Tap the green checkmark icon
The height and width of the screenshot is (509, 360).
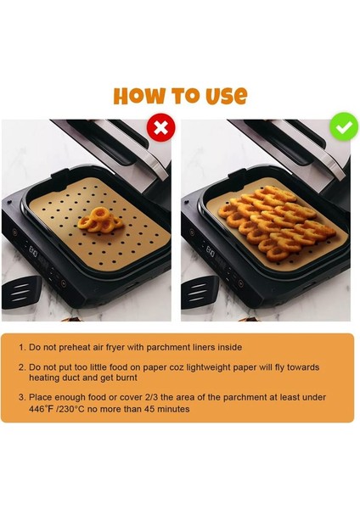(x=344, y=127)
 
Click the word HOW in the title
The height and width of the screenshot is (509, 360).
(x=139, y=95)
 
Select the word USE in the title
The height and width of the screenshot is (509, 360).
(x=225, y=95)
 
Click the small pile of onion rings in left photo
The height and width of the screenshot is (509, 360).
(x=93, y=220)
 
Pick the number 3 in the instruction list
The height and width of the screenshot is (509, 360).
(x=21, y=397)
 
